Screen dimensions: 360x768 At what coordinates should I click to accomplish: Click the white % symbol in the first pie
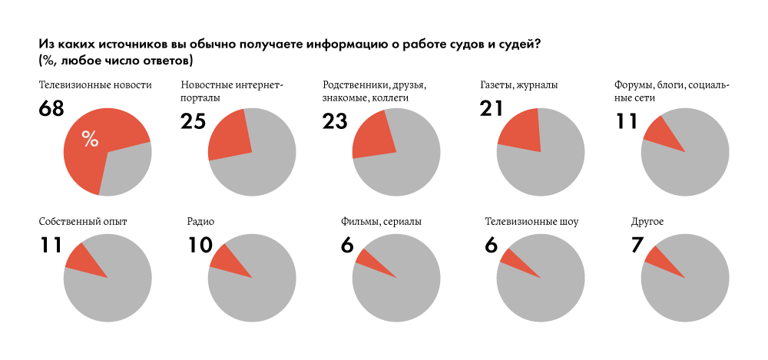click(x=90, y=139)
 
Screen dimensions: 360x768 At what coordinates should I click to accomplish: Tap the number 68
click(x=51, y=110)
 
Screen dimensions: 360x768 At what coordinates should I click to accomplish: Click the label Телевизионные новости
click(x=95, y=84)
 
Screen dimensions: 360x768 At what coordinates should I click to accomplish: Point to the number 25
click(x=193, y=121)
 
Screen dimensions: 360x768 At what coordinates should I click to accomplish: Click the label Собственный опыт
click(x=82, y=222)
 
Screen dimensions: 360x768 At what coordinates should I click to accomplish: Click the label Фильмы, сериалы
click(x=381, y=222)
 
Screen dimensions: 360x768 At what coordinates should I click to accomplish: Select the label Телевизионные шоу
click(x=531, y=222)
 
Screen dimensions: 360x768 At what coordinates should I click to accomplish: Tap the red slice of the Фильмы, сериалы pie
click(x=369, y=259)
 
